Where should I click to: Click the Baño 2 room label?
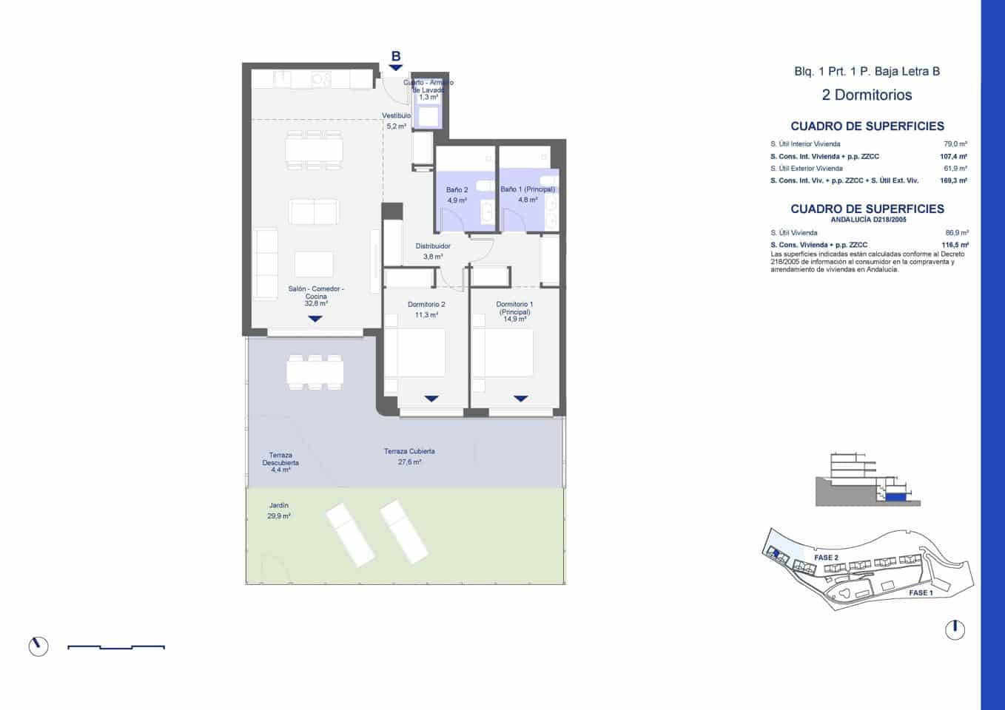click(x=457, y=190)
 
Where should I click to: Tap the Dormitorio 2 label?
click(x=426, y=305)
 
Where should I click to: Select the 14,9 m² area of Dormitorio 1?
click(x=514, y=319)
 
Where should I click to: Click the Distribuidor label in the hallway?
click(x=433, y=246)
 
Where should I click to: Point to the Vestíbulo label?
click(x=396, y=116)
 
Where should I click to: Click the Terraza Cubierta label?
click(x=409, y=451)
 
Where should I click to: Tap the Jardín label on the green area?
click(x=279, y=506)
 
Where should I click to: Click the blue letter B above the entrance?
click(x=396, y=56)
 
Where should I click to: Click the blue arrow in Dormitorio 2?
click(x=431, y=399)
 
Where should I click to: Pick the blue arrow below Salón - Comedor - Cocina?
click(x=315, y=319)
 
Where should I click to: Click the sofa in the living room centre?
click(x=315, y=212)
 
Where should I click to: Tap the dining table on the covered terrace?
click(x=315, y=372)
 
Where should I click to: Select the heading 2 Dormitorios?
click(x=867, y=95)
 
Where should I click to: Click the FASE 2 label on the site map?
click(x=826, y=558)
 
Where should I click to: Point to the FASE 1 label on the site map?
click(x=921, y=592)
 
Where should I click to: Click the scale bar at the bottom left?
click(x=116, y=647)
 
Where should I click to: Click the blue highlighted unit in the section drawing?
click(x=895, y=498)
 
